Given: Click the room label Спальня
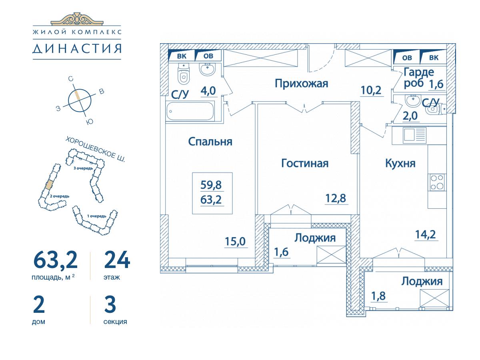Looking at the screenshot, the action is pos(210,142).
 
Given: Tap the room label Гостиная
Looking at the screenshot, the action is pos(305,164).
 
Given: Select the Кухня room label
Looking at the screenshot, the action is pos(400,163).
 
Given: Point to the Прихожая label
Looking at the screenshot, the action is pos(301,84).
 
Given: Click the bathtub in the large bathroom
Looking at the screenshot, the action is pos(190,111).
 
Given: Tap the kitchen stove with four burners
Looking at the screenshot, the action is pos(437,182).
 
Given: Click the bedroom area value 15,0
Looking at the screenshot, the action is pos(235,242).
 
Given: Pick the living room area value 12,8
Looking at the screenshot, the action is pos(336,198).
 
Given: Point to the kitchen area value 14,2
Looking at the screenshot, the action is pos(426,234).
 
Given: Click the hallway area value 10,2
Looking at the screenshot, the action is pos(371,90).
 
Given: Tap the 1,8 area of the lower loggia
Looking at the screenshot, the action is pos(378,296).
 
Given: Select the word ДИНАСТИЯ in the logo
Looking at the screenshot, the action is pos(77,49).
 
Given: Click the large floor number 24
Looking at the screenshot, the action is pos(117,260).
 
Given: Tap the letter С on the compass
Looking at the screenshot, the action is pos(71,79).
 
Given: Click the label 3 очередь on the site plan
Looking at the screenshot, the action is pos(83,168).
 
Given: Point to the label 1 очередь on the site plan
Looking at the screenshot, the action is pos(97,216).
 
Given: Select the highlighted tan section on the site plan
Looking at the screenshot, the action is pos(50,185).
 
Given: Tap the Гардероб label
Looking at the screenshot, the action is pos(418,77).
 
